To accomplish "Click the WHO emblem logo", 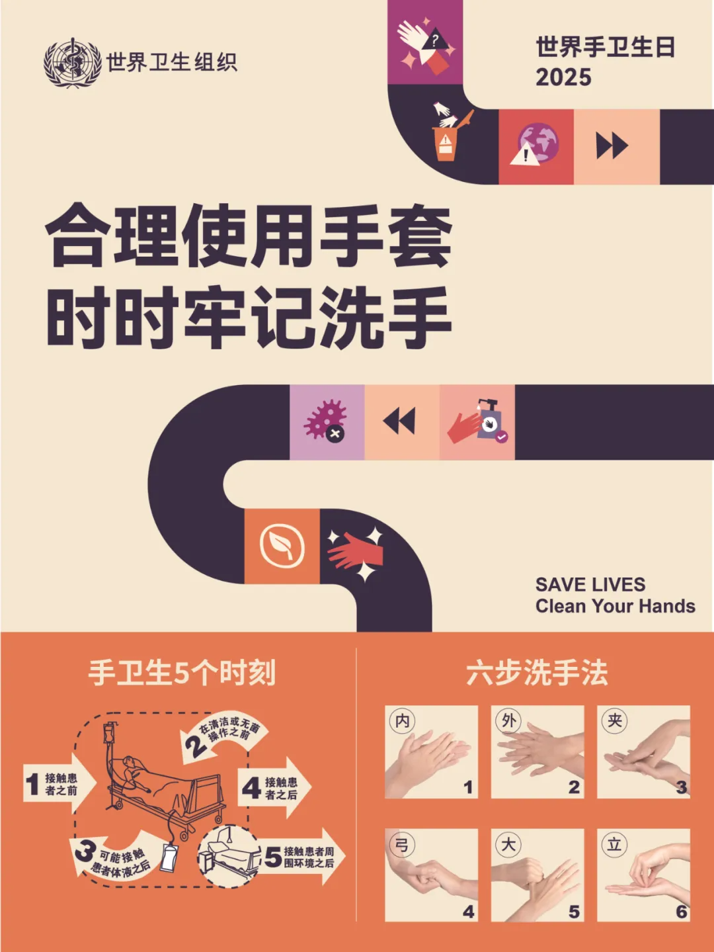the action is [x=72, y=63].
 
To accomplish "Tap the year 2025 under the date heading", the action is [x=563, y=77].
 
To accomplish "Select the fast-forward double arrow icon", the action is [x=612, y=146].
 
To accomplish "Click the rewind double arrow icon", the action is [x=399, y=420].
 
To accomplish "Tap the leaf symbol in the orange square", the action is [x=282, y=546].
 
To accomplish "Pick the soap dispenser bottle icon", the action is [x=491, y=420].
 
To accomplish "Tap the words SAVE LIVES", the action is [x=590, y=584].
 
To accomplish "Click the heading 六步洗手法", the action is [x=537, y=673].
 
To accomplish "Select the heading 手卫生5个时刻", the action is [x=182, y=673].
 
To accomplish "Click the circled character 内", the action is [x=402, y=720].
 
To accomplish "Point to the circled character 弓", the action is [x=402, y=844].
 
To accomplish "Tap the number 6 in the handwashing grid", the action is [x=682, y=911].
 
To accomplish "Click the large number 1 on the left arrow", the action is [x=32, y=785].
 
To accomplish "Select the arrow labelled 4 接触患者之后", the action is [x=274, y=788].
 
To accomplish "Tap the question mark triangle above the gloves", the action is [x=435, y=40].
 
